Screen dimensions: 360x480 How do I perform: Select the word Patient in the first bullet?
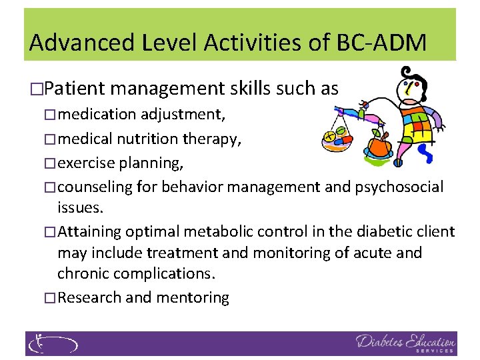click(x=78, y=88)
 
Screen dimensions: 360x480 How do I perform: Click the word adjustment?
click(x=182, y=114)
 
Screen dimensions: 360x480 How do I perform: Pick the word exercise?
click(x=87, y=163)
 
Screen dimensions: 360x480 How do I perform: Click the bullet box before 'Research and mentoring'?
click(x=51, y=298)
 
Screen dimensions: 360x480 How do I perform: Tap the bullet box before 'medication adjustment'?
click(x=51, y=115)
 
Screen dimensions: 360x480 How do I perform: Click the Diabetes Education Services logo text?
click(x=405, y=343)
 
